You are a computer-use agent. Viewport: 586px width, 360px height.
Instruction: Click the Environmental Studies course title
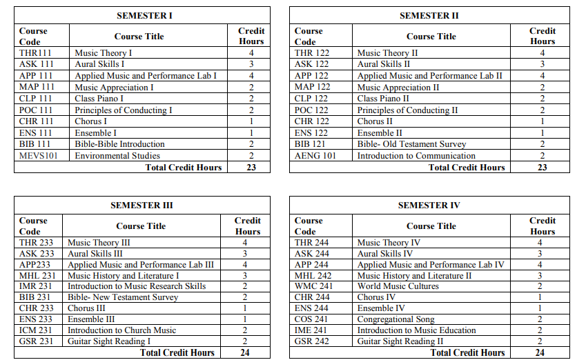pos(117,156)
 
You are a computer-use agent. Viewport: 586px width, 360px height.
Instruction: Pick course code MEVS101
pos(39,156)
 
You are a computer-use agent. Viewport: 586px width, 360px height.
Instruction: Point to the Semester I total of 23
pos(251,167)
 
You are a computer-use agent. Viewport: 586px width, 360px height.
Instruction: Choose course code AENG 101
pos(315,156)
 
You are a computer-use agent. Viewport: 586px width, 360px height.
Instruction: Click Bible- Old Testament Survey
pos(411,144)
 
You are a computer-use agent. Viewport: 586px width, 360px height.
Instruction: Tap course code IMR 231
pos(36,286)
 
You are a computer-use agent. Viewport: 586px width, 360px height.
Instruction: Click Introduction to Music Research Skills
pos(137,286)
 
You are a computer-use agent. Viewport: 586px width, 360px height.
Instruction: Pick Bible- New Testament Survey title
pos(123,297)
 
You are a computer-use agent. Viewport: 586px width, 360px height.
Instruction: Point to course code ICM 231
pos(36,330)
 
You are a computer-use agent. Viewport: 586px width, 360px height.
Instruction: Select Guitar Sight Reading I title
pos(109,341)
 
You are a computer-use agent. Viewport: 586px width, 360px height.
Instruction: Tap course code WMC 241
pos(313,286)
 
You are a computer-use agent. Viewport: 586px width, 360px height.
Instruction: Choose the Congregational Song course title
pos(395,319)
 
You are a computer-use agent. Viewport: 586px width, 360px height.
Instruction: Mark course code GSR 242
pos(312,341)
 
